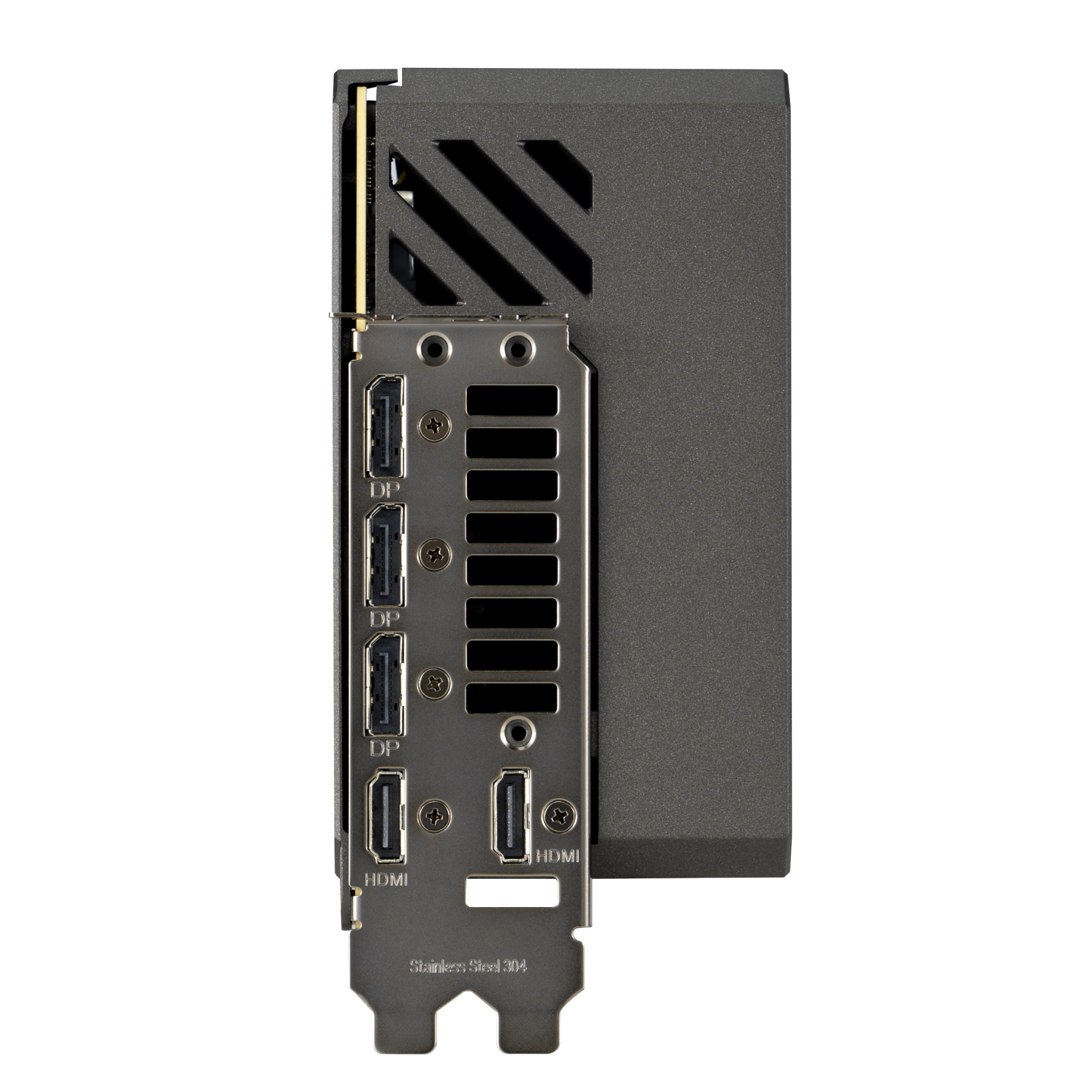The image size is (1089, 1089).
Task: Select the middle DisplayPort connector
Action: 386,556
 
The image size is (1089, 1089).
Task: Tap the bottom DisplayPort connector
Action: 386,684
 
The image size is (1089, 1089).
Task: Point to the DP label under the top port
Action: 386,490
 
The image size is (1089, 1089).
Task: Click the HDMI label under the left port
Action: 386,895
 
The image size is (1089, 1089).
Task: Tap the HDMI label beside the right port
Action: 557,872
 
